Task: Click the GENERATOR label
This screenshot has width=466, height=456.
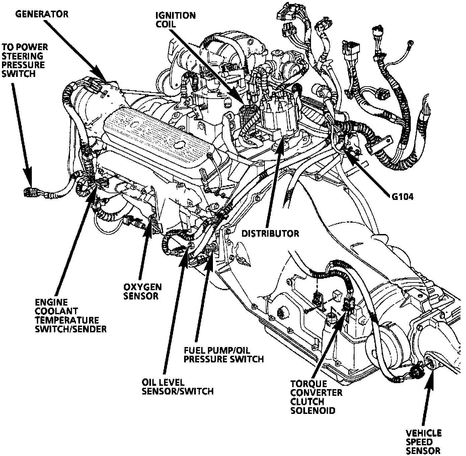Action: pos(42,14)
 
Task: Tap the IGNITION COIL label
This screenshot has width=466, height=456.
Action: pos(175,20)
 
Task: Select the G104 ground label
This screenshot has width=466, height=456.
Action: pos(402,196)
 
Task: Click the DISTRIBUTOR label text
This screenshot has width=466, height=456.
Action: pos(270,233)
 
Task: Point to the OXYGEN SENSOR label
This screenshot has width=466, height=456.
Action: pos(143,291)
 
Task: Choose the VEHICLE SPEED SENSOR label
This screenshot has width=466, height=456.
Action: pos(423,442)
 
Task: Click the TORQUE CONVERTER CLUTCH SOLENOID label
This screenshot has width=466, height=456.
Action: pos(316,397)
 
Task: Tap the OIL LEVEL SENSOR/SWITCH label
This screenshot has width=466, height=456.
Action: pos(177,386)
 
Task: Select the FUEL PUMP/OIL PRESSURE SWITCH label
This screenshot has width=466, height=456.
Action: pos(224,355)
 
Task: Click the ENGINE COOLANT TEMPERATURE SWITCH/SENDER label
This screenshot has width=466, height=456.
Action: pos(71,316)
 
